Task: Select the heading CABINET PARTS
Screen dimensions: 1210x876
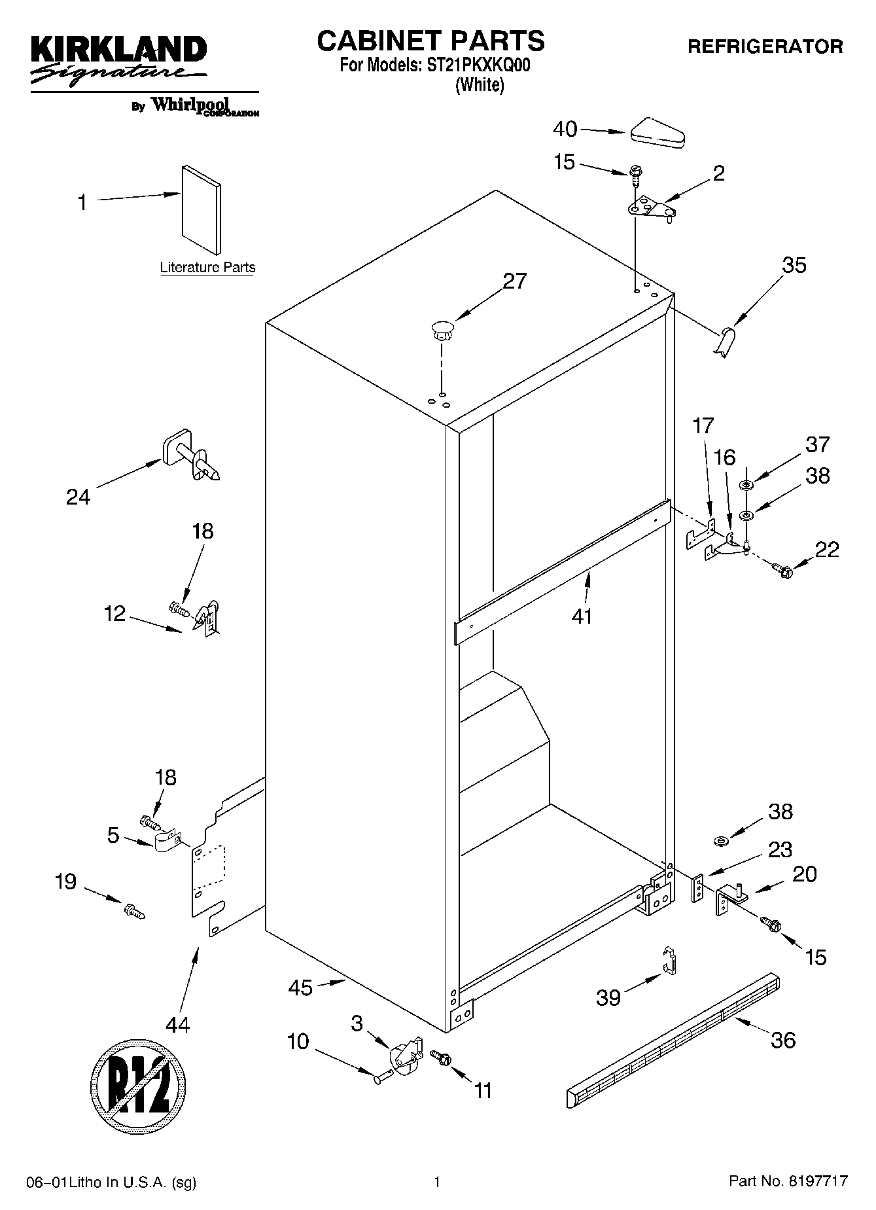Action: click(x=430, y=41)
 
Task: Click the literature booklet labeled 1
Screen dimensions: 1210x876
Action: click(x=201, y=208)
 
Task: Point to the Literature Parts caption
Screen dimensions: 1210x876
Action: click(x=207, y=268)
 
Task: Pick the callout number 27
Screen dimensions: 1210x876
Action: click(x=514, y=281)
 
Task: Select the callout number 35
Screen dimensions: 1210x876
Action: click(x=794, y=265)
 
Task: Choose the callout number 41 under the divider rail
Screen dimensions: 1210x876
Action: click(x=582, y=616)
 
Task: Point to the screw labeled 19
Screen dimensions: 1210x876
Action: click(x=134, y=910)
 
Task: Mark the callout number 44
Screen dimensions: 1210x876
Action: click(x=177, y=1023)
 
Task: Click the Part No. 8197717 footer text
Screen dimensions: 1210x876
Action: click(x=788, y=1181)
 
